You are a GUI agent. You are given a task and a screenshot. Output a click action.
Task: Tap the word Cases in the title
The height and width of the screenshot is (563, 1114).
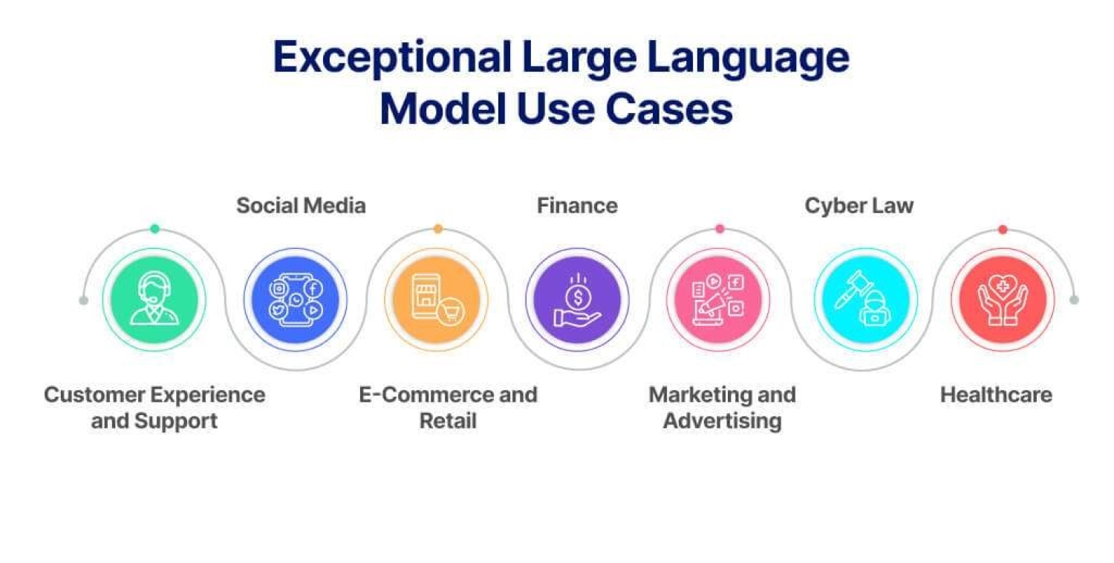[x=669, y=109]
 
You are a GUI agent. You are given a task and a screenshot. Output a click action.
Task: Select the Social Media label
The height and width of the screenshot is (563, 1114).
[x=301, y=206]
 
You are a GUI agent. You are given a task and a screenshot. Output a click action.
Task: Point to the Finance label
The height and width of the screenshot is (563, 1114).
[x=577, y=206]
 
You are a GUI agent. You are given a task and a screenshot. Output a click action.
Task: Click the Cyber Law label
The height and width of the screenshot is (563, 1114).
[x=859, y=206]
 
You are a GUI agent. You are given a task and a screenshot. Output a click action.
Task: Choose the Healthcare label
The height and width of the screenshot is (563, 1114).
[x=996, y=395]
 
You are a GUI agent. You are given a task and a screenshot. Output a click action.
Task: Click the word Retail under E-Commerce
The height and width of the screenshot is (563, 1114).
[x=448, y=420]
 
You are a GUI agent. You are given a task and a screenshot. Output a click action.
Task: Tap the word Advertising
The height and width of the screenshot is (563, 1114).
[x=722, y=421]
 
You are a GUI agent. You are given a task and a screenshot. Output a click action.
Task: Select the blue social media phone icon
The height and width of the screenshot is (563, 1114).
[x=296, y=300]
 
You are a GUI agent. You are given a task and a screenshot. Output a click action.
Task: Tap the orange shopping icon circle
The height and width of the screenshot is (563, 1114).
[x=436, y=300]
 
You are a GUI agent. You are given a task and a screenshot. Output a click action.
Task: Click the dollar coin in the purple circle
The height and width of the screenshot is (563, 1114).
[x=578, y=298]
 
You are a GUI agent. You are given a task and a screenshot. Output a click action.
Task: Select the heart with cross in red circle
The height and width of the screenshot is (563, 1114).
[x=1003, y=287]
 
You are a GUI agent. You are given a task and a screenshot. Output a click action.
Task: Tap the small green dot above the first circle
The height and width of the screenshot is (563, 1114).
[x=154, y=229]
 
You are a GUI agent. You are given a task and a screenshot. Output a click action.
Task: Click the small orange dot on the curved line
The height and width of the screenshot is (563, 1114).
[x=437, y=229]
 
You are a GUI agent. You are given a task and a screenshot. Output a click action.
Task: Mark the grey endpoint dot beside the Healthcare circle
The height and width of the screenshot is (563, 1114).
[x=1074, y=300]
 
